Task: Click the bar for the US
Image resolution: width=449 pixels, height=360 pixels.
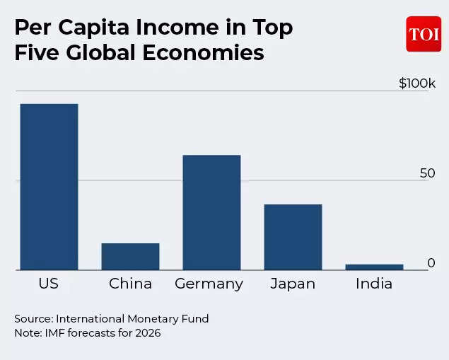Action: (49, 187)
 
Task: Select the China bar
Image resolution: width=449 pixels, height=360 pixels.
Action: (130, 256)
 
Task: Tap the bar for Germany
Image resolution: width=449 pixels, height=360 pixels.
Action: (211, 212)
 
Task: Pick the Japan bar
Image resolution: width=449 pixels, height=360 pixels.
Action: (293, 237)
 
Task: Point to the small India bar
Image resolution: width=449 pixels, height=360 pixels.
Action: (374, 267)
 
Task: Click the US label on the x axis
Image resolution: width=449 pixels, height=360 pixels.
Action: (49, 284)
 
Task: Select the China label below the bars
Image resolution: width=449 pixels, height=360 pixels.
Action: (130, 284)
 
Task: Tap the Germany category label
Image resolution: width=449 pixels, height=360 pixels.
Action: (209, 284)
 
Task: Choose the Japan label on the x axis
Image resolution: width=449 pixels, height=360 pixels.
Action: (293, 284)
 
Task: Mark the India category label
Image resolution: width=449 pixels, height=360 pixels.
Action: (373, 284)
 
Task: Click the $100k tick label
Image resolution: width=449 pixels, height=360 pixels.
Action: (417, 83)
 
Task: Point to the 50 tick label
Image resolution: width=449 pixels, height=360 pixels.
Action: (428, 173)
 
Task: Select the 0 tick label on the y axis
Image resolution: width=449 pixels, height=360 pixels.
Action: (431, 263)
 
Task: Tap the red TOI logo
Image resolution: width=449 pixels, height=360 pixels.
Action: (424, 34)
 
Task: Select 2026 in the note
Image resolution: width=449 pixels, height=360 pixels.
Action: (147, 332)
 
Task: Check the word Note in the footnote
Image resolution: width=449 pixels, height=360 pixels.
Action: (27, 332)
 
